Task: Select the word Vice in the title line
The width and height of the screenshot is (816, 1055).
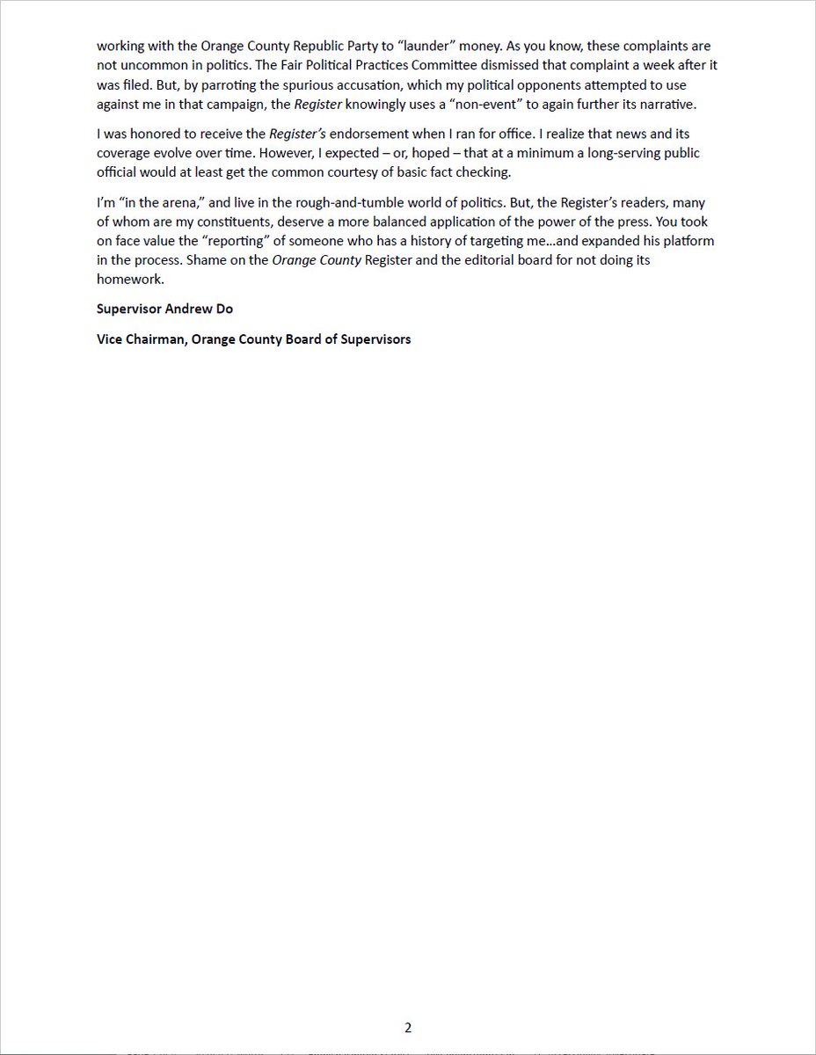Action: point(111,338)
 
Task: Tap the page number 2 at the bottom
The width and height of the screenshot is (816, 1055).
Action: point(408,1028)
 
